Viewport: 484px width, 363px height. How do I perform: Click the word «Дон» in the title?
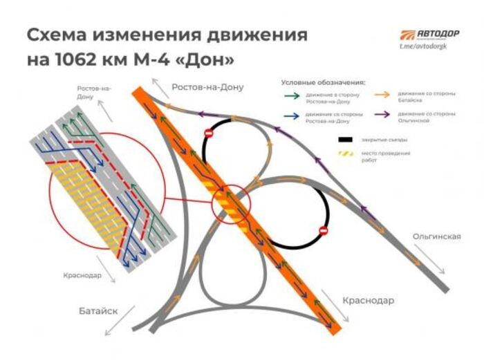211,59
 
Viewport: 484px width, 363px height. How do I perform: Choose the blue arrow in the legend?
292,114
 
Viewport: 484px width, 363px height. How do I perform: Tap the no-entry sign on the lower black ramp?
322,230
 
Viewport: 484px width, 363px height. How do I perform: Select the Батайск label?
98,311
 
